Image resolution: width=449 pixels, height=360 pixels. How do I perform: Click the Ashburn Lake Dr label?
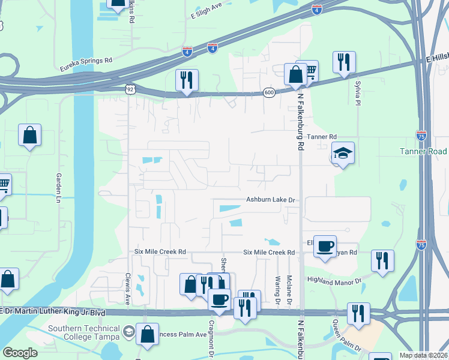pyautogui.click(x=271, y=200)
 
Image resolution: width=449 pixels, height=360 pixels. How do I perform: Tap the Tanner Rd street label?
pyautogui.click(x=322, y=137)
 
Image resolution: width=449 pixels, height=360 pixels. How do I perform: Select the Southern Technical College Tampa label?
pyautogui.click(x=84, y=332)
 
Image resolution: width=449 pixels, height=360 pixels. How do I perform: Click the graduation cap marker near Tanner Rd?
pyautogui.click(x=343, y=154)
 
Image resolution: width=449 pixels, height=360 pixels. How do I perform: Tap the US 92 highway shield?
pyautogui.click(x=130, y=89)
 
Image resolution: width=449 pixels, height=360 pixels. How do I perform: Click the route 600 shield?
pyautogui.click(x=269, y=92)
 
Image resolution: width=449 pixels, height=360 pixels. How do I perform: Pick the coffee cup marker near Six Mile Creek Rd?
pyautogui.click(x=325, y=246)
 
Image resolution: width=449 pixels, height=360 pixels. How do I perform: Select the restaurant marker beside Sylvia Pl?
pyautogui.click(x=344, y=62)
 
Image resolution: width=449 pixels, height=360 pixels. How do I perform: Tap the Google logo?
pyautogui.click(x=20, y=353)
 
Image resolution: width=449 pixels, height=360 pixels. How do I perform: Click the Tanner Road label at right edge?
pyautogui.click(x=424, y=151)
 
